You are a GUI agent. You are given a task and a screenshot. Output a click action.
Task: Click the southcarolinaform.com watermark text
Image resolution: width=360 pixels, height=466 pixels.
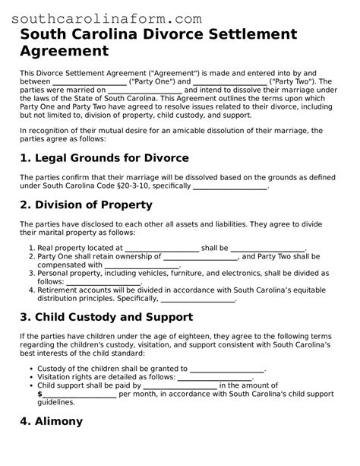tap(107, 17)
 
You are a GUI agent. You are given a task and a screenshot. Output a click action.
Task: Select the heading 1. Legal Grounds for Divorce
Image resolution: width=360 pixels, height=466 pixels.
tap(104, 157)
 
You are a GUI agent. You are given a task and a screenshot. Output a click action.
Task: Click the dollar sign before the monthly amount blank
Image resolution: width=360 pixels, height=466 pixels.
tap(39, 394)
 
